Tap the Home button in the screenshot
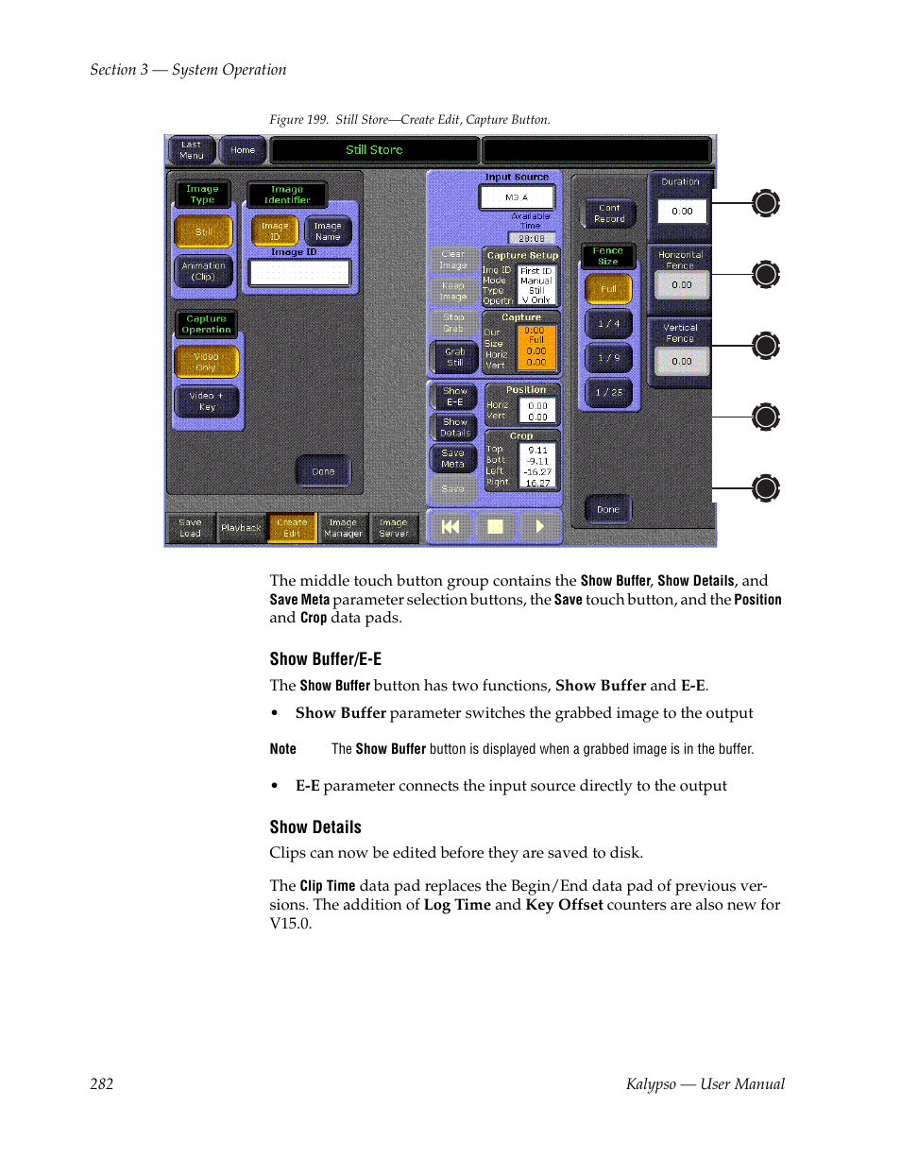[243, 150]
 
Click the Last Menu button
[191, 150]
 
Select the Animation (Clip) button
[204, 272]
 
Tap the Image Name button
[328, 231]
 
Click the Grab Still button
[454, 357]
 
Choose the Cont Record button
[609, 213]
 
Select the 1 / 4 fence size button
[608, 323]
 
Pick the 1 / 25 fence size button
[608, 392]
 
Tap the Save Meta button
[453, 458]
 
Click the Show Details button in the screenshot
[454, 427]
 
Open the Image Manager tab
[343, 528]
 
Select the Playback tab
[241, 528]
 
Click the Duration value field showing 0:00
[682, 212]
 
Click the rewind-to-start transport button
[450, 527]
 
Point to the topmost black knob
[766, 203]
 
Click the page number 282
[102, 1084]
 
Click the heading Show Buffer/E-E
[326, 659]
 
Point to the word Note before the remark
[283, 749]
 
